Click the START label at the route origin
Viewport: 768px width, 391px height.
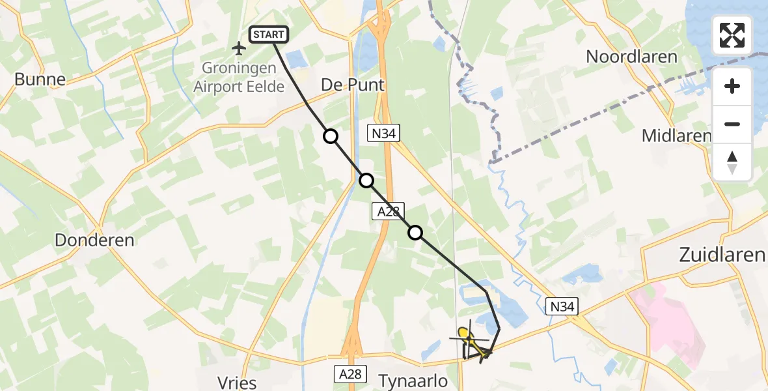click(268, 35)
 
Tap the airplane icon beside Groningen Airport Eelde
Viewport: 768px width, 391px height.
click(239, 48)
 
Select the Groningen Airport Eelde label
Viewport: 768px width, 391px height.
click(240, 77)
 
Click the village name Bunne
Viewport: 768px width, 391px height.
click(40, 80)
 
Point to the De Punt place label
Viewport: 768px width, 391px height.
click(353, 85)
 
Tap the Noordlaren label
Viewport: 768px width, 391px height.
click(631, 56)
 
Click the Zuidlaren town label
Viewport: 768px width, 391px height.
click(722, 255)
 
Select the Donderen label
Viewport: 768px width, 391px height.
click(94, 240)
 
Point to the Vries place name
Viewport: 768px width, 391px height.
click(238, 383)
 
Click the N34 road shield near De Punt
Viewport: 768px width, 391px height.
click(383, 134)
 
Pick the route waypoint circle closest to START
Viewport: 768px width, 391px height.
click(331, 136)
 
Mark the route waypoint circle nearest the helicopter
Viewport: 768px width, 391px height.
click(415, 232)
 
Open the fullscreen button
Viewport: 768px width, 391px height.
click(732, 35)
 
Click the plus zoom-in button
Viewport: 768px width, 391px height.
click(732, 86)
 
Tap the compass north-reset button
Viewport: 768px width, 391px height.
click(732, 162)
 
